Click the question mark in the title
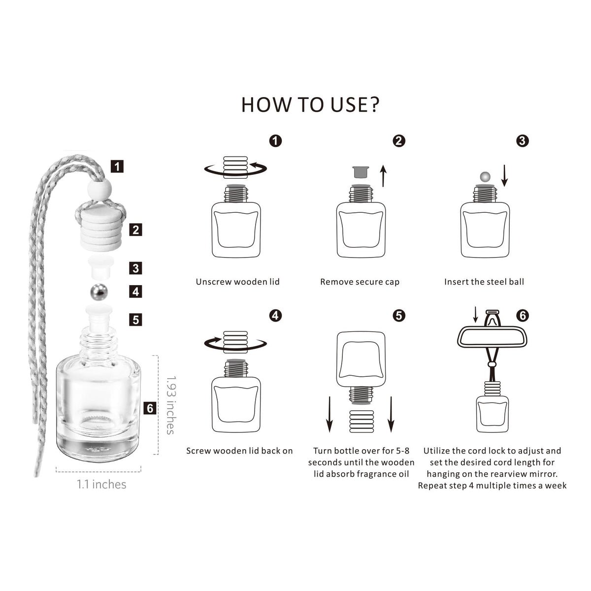pyautogui.click(x=373, y=104)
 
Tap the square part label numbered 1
pyautogui.click(x=117, y=166)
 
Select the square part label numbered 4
pyautogui.click(x=135, y=292)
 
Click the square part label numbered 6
pyautogui.click(x=150, y=408)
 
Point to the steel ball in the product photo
pyautogui.click(x=99, y=292)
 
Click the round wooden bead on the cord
pyautogui.click(x=99, y=189)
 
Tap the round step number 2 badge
pyautogui.click(x=399, y=141)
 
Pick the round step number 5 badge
pyautogui.click(x=399, y=316)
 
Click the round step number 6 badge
pyautogui.click(x=523, y=316)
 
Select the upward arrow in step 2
pyautogui.click(x=383, y=176)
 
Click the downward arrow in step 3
pyautogui.click(x=504, y=175)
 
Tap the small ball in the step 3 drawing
pyautogui.click(x=485, y=177)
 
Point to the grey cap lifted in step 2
pyautogui.click(x=361, y=172)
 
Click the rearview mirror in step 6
pyautogui.click(x=492, y=336)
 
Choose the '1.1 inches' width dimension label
pyautogui.click(x=101, y=485)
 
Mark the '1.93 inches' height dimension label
pyautogui.click(x=171, y=405)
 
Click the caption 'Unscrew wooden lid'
pyautogui.click(x=238, y=282)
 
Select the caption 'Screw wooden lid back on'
pyautogui.click(x=239, y=451)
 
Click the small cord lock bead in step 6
pyautogui.click(x=492, y=364)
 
